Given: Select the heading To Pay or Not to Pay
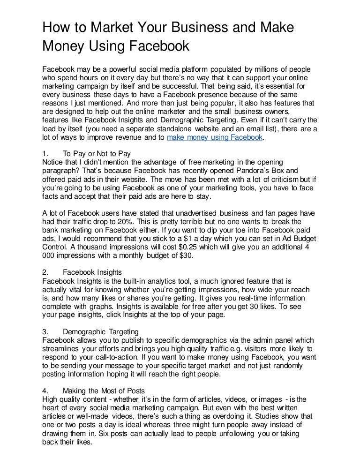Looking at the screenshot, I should [x=97, y=153].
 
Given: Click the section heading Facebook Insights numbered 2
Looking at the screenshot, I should [x=92, y=272].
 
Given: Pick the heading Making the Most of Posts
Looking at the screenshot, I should [x=104, y=391].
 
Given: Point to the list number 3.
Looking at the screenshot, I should [x=45, y=331].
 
